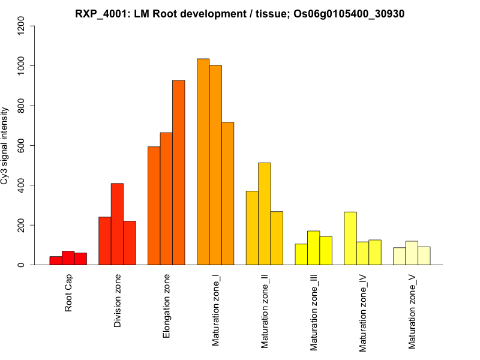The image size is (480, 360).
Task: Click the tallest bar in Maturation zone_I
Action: click(x=203, y=162)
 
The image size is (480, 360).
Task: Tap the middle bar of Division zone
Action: click(x=117, y=224)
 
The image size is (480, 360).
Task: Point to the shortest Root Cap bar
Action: click(x=56, y=261)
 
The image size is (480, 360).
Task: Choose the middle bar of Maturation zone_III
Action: click(x=313, y=248)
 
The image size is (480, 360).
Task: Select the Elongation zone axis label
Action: click(x=166, y=306)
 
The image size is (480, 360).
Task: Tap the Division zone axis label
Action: click(x=118, y=302)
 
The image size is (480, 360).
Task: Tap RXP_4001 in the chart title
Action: click(x=99, y=13)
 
